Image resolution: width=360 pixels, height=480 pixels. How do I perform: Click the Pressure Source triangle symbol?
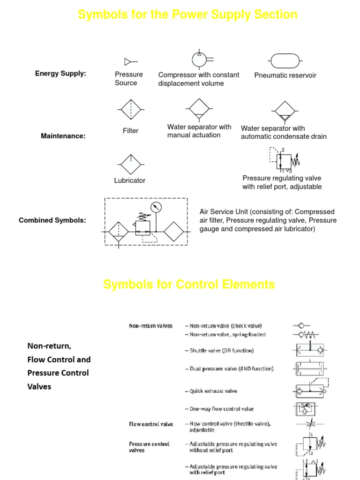tap(127, 61)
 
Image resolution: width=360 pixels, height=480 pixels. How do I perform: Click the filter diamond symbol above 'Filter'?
tap(130, 110)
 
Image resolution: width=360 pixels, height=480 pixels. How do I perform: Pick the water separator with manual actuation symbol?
tap(199, 110)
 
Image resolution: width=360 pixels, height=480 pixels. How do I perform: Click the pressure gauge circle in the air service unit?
tap(156, 207)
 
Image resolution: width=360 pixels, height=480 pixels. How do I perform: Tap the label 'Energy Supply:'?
tap(60, 73)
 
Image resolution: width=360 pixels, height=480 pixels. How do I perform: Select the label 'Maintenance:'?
tap(63, 136)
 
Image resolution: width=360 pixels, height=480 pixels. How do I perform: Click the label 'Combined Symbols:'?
tap(52, 220)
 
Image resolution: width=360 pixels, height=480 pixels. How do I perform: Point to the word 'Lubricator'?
tap(130, 180)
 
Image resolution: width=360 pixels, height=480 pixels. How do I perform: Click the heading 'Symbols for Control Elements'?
tap(189, 285)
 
